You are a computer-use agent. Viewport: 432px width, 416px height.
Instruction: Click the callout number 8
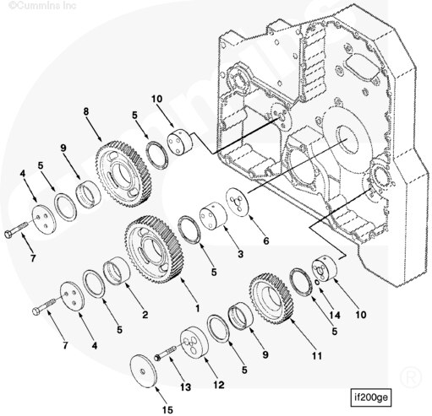(86, 111)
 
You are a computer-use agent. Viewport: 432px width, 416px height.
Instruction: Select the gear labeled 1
(154, 250)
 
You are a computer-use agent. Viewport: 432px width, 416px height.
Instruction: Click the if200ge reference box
(371, 397)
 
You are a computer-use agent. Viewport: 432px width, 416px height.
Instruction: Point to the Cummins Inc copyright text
(42, 6)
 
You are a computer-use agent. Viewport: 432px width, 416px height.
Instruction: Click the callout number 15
(167, 409)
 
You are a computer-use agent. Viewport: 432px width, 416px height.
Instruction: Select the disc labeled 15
(144, 370)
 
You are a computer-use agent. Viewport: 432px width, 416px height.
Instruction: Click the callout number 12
(218, 385)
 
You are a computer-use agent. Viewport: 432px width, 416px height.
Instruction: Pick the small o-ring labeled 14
(317, 282)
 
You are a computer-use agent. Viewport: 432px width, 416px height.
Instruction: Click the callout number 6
(265, 240)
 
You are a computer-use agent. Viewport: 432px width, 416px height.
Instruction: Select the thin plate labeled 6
(238, 202)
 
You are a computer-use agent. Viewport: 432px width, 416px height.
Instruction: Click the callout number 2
(145, 315)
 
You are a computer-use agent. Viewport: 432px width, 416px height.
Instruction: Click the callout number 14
(335, 315)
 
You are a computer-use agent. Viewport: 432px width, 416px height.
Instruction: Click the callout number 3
(240, 254)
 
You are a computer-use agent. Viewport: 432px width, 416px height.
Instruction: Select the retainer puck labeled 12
(194, 343)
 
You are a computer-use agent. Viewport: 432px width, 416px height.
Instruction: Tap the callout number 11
(316, 356)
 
